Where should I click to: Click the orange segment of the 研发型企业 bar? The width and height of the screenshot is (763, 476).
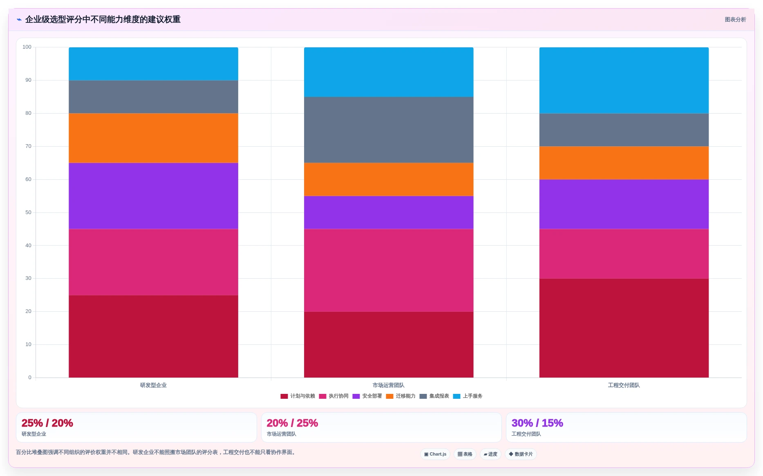click(153, 138)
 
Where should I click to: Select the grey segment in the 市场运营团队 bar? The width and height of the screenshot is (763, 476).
click(389, 130)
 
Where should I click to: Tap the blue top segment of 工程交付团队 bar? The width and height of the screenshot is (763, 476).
click(624, 80)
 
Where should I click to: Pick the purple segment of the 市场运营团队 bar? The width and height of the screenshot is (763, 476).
click(389, 212)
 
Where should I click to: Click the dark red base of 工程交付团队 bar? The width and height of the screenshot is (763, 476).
click(624, 328)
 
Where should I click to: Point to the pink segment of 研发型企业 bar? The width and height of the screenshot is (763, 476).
click(153, 262)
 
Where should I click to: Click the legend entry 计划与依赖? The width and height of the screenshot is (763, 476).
click(298, 396)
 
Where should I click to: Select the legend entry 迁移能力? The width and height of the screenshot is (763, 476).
click(401, 396)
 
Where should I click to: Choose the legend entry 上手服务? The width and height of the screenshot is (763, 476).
click(468, 396)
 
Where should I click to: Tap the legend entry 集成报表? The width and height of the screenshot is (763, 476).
click(434, 396)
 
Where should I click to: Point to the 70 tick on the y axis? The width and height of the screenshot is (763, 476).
click(28, 146)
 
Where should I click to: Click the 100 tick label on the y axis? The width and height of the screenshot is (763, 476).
click(27, 47)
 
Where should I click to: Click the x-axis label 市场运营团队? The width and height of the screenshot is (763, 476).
click(389, 385)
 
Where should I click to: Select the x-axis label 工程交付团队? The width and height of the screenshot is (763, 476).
click(624, 385)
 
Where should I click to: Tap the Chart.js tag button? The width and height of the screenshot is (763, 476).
click(435, 454)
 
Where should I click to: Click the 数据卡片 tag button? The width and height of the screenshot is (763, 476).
click(521, 454)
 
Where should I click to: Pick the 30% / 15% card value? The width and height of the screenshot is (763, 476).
click(537, 423)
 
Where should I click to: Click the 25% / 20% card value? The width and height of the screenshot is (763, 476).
click(47, 423)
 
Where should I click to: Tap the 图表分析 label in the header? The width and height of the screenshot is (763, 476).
click(735, 20)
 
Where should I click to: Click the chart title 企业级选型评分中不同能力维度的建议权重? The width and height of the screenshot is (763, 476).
click(103, 20)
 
